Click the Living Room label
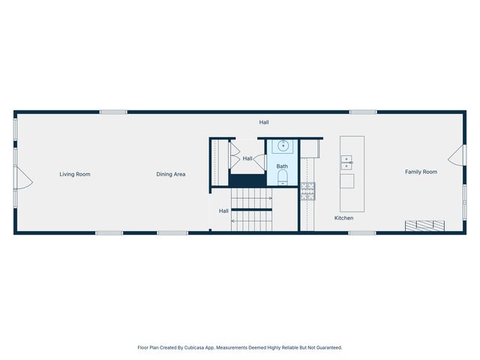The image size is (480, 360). pyautogui.click(x=75, y=174)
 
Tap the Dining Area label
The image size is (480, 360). pyautogui.click(x=171, y=174)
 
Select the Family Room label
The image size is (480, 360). pyautogui.click(x=421, y=172)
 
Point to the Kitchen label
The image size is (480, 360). pyautogui.click(x=343, y=218)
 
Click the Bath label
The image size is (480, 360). pyautogui.click(x=282, y=166)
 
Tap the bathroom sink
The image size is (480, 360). pyautogui.click(x=283, y=146)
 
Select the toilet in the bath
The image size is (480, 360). pyautogui.click(x=283, y=178)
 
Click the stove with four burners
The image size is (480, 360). pyautogui.click(x=307, y=191)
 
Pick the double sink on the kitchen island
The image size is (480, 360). pyautogui.click(x=346, y=161)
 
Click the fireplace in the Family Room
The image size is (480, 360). pyautogui.click(x=425, y=225)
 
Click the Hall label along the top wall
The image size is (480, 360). pyautogui.click(x=264, y=122)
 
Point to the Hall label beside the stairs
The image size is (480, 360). pyautogui.click(x=223, y=211)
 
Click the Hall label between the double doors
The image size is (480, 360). pyautogui.click(x=247, y=158)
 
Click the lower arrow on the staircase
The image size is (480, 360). pyautogui.click(x=250, y=220)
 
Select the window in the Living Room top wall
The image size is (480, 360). pyautogui.click(x=113, y=112)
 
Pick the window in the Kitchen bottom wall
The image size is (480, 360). pyautogui.click(x=362, y=232)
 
